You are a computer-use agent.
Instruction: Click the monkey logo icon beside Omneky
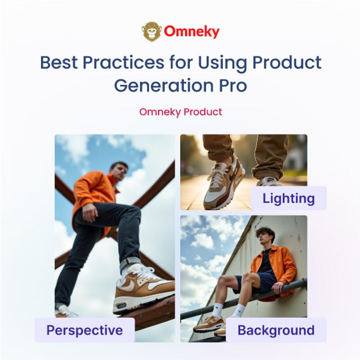152,31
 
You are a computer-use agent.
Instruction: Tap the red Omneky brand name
191,32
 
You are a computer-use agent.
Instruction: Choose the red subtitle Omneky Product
180,112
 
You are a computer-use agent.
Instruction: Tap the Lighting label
288,198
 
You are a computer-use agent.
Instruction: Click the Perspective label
85,330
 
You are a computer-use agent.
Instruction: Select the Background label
276,330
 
